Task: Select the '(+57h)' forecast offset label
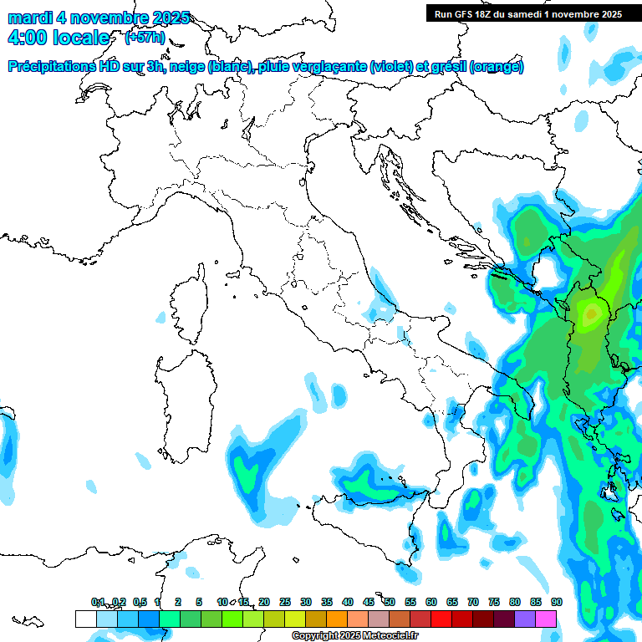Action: [145, 38]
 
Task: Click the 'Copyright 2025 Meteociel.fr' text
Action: [354, 636]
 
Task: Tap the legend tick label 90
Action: [556, 602]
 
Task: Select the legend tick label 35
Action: [327, 602]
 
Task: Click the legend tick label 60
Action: [431, 602]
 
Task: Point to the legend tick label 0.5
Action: [140, 602]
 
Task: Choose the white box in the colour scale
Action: [85, 619]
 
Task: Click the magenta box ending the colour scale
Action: [546, 619]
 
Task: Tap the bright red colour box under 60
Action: [441, 619]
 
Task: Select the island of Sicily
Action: [368, 527]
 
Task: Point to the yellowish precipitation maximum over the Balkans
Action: [592, 313]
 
